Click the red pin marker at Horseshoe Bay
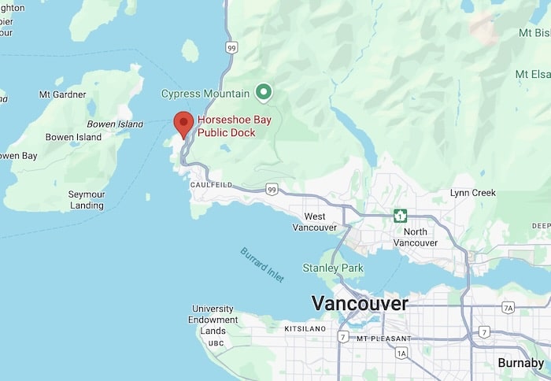point(183,123)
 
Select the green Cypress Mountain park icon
point(264,94)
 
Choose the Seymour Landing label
point(87,200)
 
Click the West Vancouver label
point(314,222)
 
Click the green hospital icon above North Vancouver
point(401,216)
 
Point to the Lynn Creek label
point(472,193)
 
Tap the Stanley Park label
point(333,268)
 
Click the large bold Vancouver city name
point(360,303)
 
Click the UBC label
point(216,343)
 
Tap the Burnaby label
point(520,363)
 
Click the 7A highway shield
point(508,307)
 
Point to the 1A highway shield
point(401,353)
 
